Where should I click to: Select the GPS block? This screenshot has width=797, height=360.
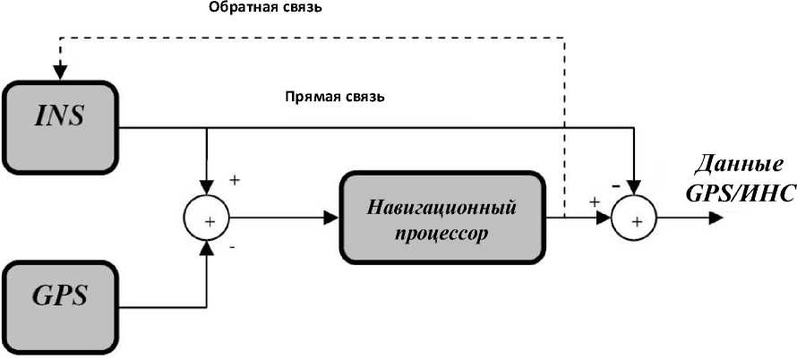coord(60,296)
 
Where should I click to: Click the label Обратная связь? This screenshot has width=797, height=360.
coord(265,9)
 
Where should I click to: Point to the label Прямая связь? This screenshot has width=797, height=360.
coord(334,96)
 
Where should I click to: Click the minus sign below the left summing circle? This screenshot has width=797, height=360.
coord(232,247)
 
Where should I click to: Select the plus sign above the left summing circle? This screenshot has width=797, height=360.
coord(234,179)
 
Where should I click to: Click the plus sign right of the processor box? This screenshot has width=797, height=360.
coord(593,202)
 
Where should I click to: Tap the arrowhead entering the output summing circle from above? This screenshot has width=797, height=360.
coord(635,188)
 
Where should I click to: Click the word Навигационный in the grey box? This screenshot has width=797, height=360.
coord(441,207)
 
